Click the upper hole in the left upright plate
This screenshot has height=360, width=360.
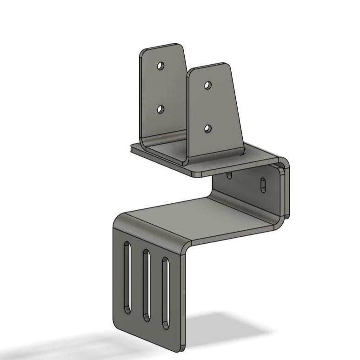160,66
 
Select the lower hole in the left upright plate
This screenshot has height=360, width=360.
160,109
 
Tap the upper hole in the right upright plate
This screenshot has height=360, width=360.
208,85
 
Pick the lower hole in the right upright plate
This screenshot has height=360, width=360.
208,128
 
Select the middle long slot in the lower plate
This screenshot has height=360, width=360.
146,285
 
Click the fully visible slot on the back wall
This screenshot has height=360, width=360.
263,185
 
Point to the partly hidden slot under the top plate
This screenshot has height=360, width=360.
229,175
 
